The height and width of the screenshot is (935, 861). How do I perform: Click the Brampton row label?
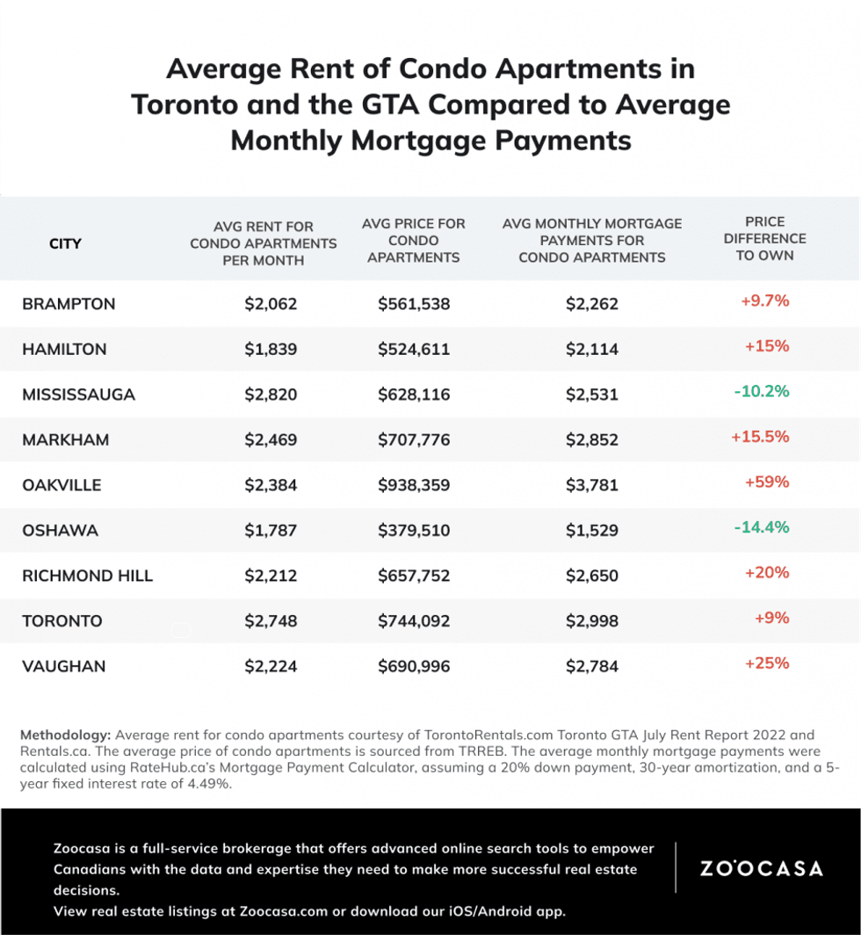(69, 304)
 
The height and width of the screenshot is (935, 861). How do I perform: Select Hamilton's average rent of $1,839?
(271, 349)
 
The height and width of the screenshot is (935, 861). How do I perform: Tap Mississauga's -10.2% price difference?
(761, 391)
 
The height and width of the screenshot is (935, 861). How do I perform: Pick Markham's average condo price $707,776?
(414, 439)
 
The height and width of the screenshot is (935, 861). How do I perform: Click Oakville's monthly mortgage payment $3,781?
(591, 485)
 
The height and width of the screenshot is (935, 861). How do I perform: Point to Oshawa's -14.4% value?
(761, 527)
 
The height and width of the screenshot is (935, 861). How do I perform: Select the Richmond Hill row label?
(88, 576)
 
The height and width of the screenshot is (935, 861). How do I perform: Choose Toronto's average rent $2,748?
(271, 621)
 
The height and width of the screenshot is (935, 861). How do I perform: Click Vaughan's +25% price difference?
(767, 663)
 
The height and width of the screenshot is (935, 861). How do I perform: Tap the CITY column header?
(65, 243)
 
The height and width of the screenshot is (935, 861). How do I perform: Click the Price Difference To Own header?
(763, 238)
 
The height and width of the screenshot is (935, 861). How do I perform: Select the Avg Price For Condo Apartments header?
(414, 241)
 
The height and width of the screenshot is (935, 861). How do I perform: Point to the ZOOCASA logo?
(761, 868)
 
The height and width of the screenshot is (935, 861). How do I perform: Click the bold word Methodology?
(65, 735)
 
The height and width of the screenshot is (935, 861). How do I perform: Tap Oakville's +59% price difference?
(767, 482)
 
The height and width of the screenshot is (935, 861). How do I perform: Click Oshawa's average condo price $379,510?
(414, 531)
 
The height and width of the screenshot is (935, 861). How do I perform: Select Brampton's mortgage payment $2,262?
(591, 304)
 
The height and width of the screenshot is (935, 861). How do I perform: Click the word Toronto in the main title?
(182, 105)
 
